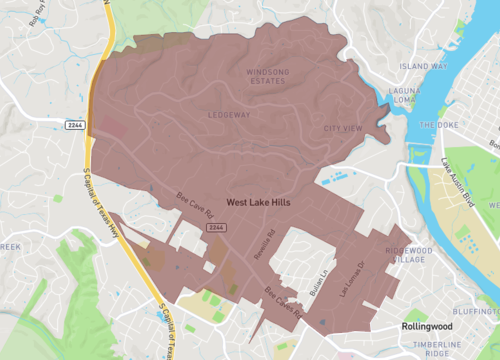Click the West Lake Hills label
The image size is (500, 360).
pos(258,201)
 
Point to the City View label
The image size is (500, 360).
pos(342,129)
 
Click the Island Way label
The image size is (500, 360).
pos(423,66)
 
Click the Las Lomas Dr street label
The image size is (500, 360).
pos(351,278)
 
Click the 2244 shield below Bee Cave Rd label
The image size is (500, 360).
pos(216,229)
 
